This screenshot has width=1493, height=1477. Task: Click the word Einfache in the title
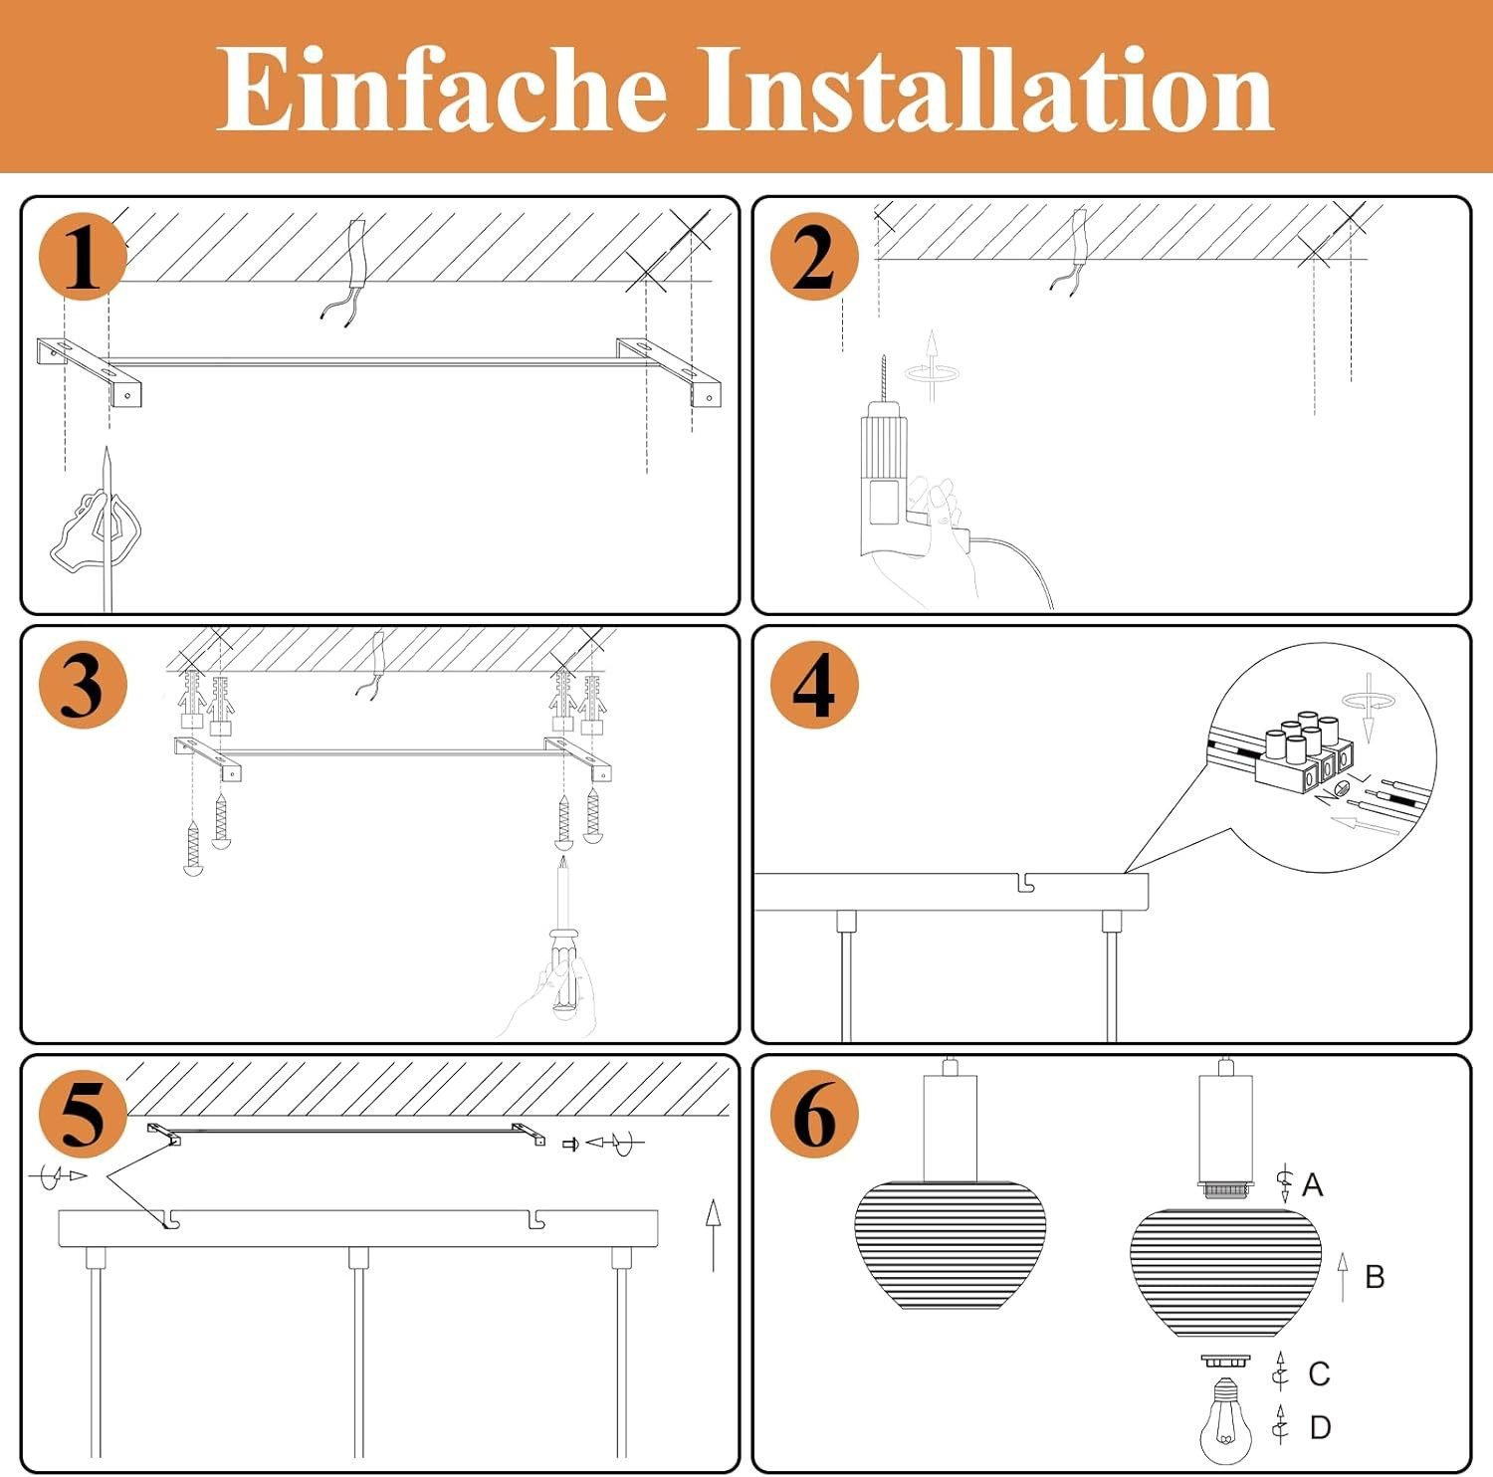(441, 89)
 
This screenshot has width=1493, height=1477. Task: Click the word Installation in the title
(985, 89)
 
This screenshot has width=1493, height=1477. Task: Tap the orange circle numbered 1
(84, 257)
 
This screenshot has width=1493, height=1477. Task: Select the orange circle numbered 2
(814, 257)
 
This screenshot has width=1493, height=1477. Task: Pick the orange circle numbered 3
(84, 685)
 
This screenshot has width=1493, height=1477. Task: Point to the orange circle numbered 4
(814, 685)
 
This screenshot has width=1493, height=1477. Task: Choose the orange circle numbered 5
(84, 1114)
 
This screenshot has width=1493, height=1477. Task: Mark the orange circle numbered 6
(814, 1114)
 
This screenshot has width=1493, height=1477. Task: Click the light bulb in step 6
(1225, 1420)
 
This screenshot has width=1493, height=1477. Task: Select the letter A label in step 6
(1312, 1184)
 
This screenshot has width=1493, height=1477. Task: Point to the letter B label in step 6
(1375, 1277)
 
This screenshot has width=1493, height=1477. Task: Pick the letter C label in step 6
(1319, 1373)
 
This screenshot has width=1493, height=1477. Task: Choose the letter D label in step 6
(1320, 1428)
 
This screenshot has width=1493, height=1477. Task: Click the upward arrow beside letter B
(1343, 1277)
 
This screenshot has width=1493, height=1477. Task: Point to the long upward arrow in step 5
(713, 1235)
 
